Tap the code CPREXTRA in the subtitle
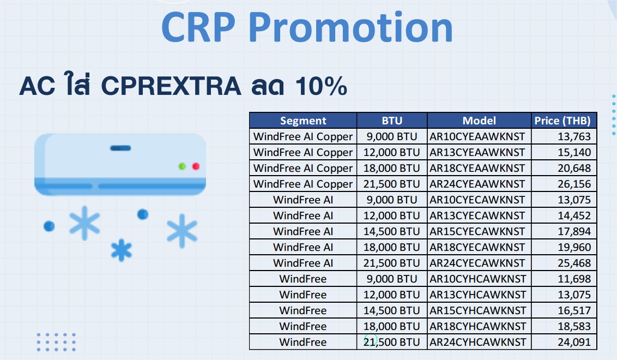171,86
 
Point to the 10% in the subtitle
321,86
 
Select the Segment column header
303,121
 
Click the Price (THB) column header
562,121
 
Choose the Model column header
479,121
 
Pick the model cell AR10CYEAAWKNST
477,136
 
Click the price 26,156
574,184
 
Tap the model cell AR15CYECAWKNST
477,231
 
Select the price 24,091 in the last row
574,342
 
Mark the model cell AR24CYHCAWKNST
477,342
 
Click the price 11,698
574,279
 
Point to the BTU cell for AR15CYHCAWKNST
391,310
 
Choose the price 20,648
574,168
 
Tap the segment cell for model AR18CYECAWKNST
303,247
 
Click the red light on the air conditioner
196,166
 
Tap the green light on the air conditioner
182,166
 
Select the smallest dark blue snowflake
121,250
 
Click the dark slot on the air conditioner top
120,148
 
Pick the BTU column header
392,121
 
